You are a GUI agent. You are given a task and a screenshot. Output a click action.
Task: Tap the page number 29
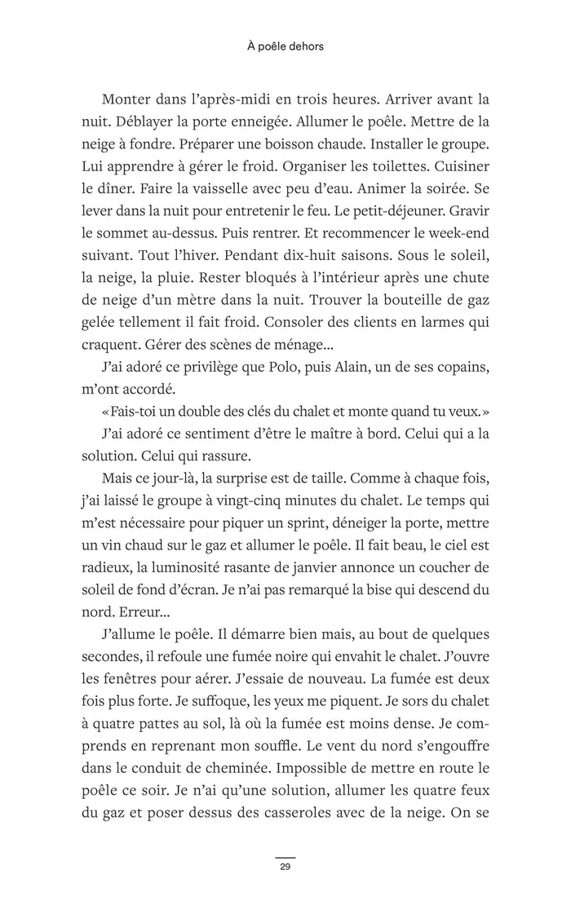[285, 866]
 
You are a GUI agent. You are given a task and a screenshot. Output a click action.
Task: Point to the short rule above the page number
[285, 857]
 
